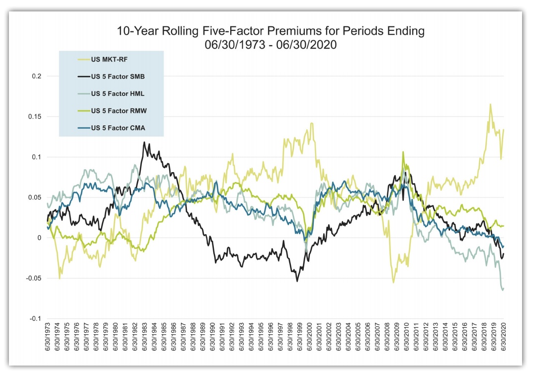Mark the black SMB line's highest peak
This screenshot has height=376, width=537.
[144, 142]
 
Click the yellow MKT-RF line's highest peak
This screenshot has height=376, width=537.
[490, 104]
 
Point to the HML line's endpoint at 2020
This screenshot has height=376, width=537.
[503, 289]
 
